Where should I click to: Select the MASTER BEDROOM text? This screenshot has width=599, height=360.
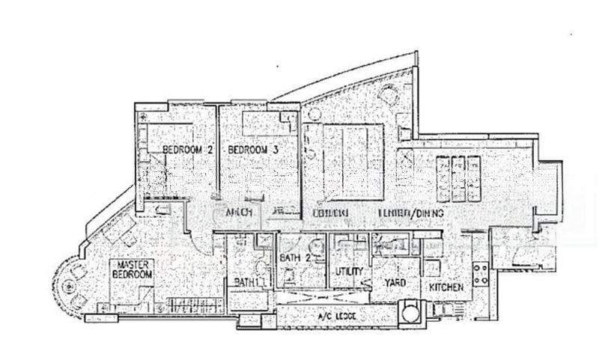(x=133, y=270)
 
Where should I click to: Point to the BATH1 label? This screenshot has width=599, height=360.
(x=246, y=282)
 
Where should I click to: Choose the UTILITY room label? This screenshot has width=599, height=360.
(x=350, y=271)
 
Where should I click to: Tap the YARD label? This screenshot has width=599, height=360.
(x=395, y=284)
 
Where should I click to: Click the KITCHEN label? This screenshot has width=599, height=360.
(x=446, y=287)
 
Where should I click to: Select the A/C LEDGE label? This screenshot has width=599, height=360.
(x=335, y=317)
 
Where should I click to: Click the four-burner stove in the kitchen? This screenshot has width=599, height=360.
(x=481, y=272)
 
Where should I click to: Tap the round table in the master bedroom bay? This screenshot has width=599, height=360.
(x=70, y=285)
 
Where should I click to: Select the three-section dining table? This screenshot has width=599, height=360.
(x=456, y=177)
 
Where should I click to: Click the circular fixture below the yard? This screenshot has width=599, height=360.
(x=410, y=310)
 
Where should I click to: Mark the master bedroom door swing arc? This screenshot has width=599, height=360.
(x=192, y=238)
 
